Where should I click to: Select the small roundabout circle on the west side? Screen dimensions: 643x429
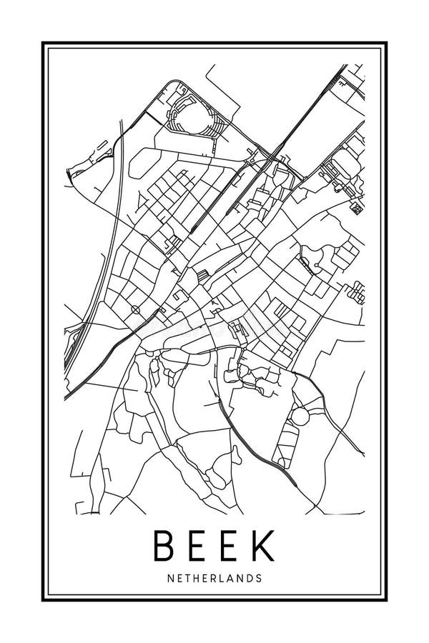(136, 309)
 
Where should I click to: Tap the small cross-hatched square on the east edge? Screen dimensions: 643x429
(355, 208)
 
